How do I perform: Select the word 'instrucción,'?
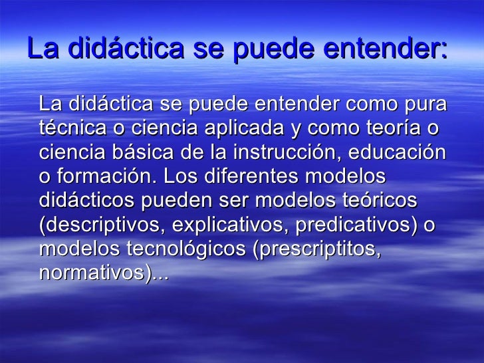click(x=287, y=153)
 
